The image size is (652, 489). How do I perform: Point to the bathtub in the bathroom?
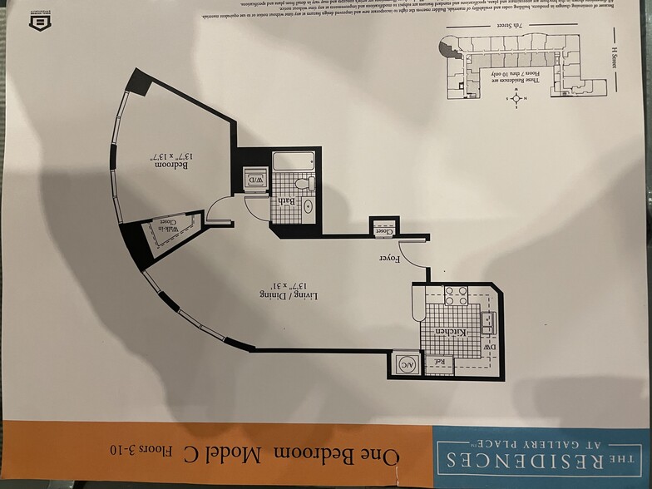coord(294,161)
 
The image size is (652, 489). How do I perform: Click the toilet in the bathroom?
coord(309,182)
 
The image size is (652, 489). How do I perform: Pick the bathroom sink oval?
coord(308,205)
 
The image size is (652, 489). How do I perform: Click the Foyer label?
coord(390,259)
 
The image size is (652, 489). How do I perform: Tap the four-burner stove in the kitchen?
coord(456,295)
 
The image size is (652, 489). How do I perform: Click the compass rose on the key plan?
coord(516,97)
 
